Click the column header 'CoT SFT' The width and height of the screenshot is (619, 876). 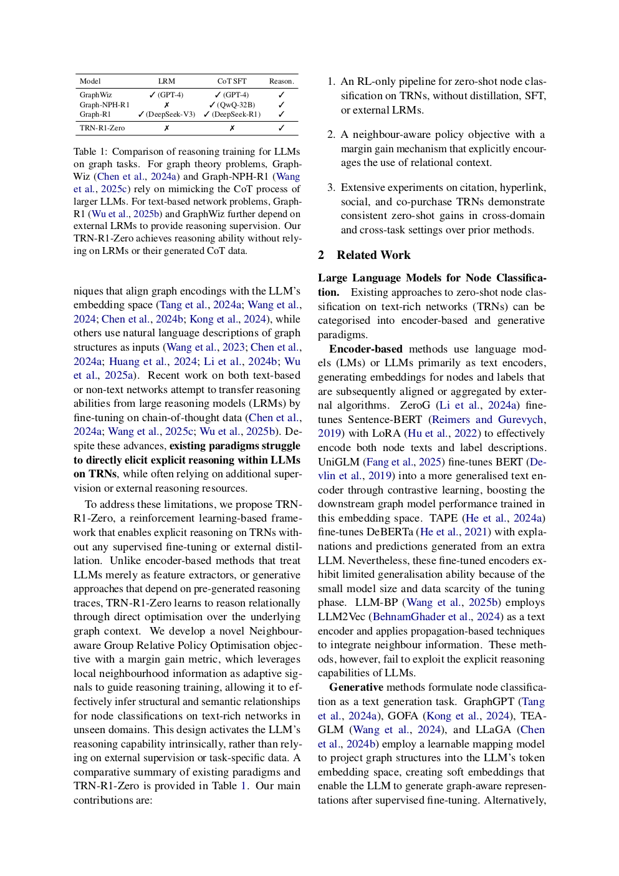[232, 81]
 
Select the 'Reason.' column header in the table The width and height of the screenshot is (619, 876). [281, 81]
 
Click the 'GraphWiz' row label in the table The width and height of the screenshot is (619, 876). [95, 95]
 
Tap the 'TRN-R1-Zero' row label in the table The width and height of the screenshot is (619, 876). [102, 128]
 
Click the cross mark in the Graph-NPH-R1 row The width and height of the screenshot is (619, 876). [166, 105]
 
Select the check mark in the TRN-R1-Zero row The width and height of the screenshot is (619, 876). [281, 128]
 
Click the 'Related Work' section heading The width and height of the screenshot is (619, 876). [373, 255]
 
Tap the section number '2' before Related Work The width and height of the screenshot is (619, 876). [321, 255]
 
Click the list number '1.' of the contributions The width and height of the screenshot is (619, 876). [331, 82]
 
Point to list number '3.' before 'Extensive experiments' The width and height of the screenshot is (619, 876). [331, 188]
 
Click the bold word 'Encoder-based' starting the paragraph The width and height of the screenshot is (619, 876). [365, 349]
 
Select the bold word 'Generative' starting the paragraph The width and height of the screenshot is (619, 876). [356, 687]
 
